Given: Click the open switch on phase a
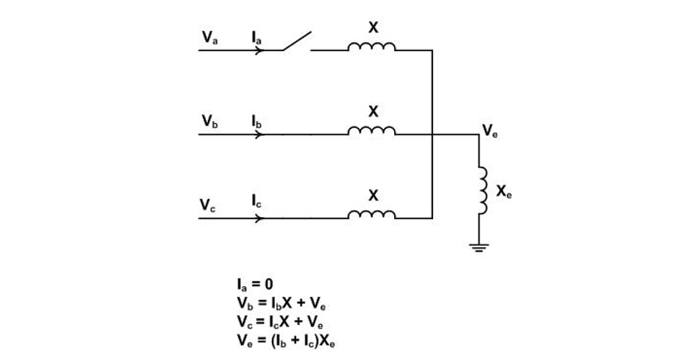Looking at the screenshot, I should coord(297,41).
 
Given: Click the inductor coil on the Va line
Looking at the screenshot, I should coord(372,46).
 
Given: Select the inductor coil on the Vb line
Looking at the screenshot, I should coord(372,130).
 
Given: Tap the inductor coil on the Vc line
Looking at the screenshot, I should coord(372,214).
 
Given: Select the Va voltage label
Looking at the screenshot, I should coord(210,37).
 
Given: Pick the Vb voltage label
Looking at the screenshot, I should coord(210,121).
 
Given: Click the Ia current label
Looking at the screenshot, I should coord(257,37).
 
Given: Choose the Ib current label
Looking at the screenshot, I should coord(257,121).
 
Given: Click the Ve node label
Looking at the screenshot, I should coord(490,130).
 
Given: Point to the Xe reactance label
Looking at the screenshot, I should coord(504,192).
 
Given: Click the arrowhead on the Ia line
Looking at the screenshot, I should coord(260,50).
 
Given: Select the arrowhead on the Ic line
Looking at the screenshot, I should coord(260,218).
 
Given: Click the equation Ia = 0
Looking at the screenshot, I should coord(253,285).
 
